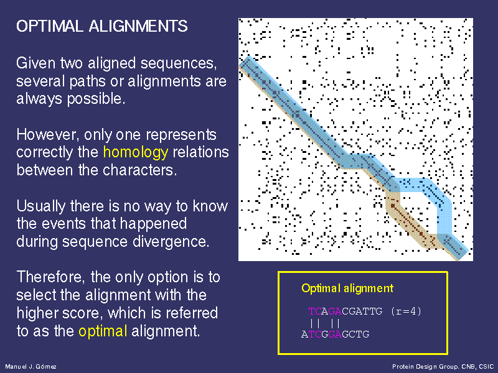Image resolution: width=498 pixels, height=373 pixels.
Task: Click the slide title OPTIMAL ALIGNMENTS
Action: [x=102, y=26]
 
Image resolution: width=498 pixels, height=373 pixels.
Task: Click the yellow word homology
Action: [x=136, y=152]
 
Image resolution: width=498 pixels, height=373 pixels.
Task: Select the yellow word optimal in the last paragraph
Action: [x=103, y=331]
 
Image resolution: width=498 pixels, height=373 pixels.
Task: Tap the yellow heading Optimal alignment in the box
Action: [x=347, y=288]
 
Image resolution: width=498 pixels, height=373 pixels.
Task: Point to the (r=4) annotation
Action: [x=406, y=311]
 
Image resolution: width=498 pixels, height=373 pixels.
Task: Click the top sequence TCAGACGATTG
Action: [x=345, y=311]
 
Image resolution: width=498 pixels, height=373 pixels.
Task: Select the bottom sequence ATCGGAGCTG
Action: [x=335, y=334]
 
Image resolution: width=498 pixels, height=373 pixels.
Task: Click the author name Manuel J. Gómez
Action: [x=31, y=367]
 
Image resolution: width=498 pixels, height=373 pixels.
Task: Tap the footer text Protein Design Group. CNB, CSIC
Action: [x=443, y=367]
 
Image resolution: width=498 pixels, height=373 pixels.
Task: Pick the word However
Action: [x=47, y=135]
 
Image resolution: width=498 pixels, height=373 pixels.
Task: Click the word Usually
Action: [x=41, y=206]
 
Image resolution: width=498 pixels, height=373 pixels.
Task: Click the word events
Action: [x=63, y=224]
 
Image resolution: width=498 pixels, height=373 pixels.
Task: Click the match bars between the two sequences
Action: [x=325, y=323]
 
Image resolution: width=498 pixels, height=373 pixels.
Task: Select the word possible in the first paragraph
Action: [x=96, y=99]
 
